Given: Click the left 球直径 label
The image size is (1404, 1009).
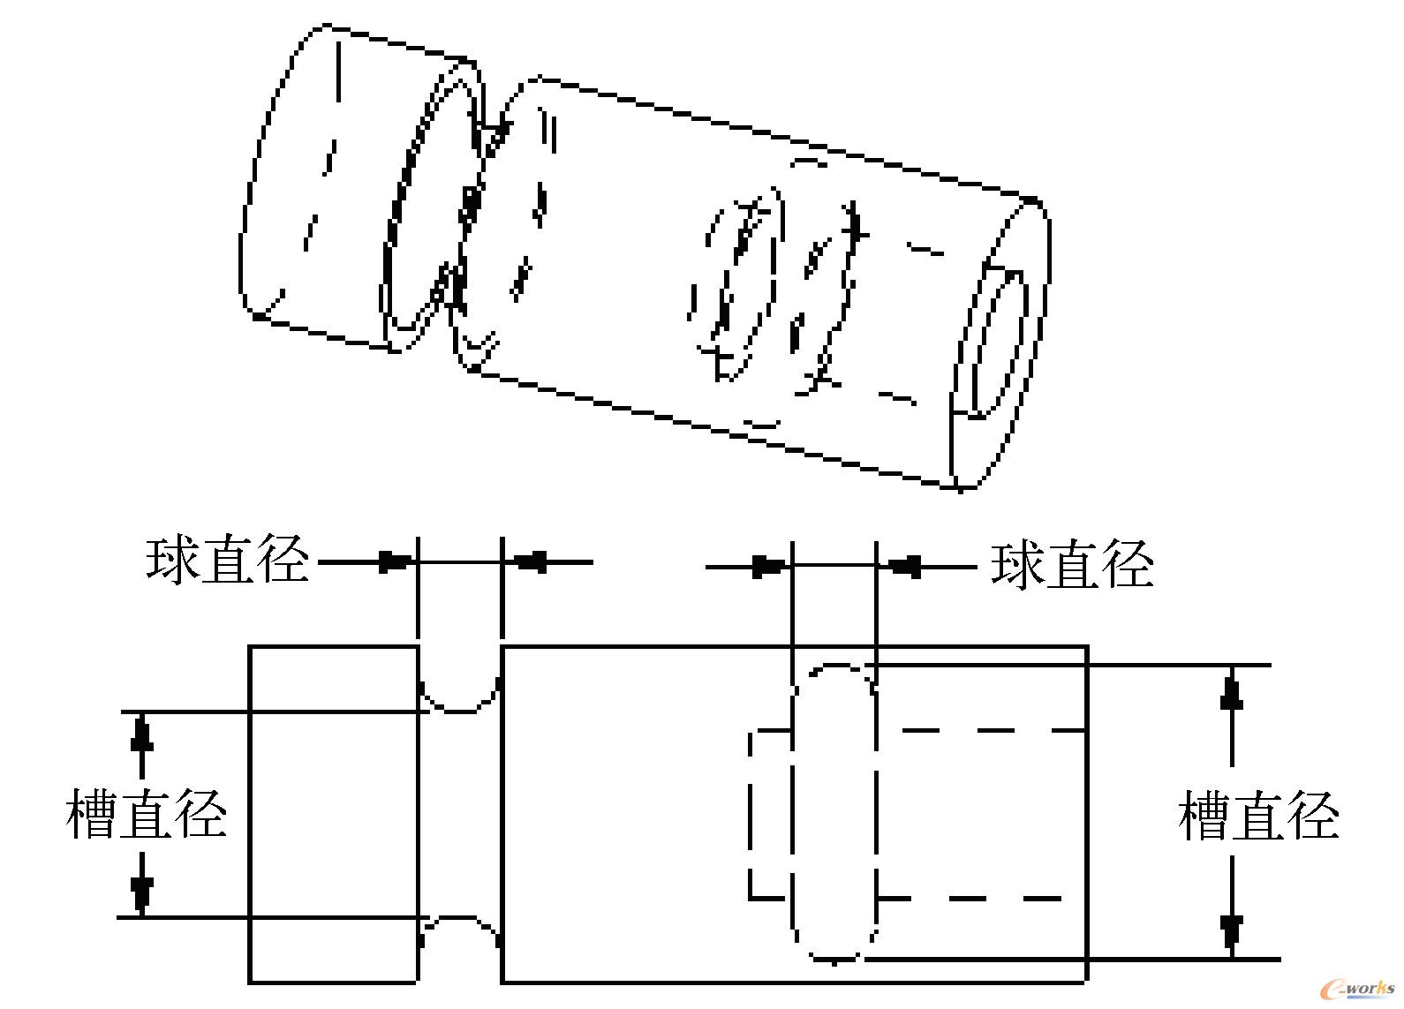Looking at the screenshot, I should tap(228, 561).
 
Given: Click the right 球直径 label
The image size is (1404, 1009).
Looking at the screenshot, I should tap(1072, 566).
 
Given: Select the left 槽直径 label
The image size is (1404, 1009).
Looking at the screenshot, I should tap(147, 815).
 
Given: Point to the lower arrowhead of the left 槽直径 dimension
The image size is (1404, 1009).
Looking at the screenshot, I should tap(140, 893).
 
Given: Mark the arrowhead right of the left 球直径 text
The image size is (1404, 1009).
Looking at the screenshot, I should tap(394, 561).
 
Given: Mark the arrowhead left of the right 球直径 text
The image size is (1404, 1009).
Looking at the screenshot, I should tap(906, 566).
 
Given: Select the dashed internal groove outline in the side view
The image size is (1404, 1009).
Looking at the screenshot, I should tap(834, 812).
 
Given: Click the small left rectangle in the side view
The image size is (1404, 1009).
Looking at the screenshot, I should tap(333, 813).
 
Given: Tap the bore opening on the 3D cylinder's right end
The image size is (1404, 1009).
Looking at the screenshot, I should tap(998, 344).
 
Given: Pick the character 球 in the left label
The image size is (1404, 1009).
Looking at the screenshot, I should tap(172, 561).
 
